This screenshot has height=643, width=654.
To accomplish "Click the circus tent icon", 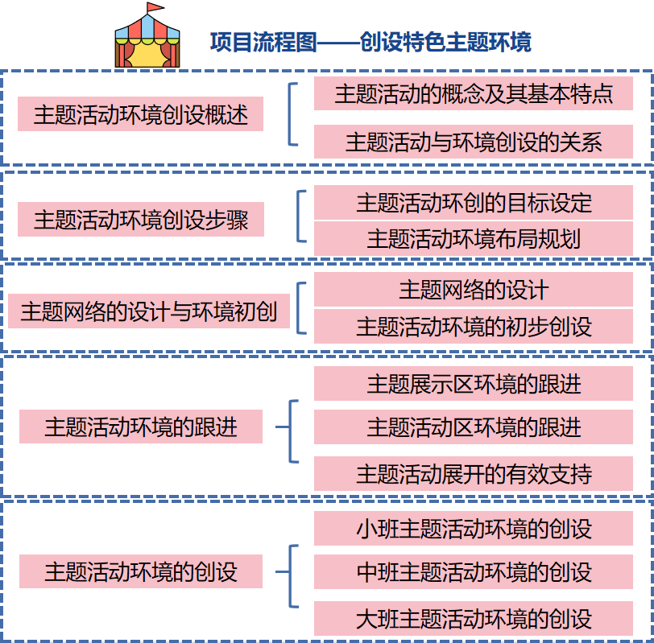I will pos(147,40).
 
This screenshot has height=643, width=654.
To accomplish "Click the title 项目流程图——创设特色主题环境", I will pos(370,42).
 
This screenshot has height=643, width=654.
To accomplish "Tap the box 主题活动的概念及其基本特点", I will pos(474,94).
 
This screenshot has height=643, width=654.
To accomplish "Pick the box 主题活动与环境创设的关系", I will pos(474,142).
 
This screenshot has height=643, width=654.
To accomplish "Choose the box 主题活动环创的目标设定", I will pos(474,202).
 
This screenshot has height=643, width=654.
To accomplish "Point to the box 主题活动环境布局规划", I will pos(474,238).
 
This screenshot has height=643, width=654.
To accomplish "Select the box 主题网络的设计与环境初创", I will pos(149,311).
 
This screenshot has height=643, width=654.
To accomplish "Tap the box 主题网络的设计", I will pos(474,290).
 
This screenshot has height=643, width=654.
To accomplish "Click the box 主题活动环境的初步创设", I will pos(474,326).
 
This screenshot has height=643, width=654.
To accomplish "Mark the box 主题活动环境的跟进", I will pos(141,427).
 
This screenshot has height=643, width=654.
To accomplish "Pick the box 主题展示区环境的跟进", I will pos(474,384).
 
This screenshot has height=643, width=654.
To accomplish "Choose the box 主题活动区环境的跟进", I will pos(474,427).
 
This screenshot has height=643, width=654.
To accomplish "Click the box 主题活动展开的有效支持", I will pos(474,473).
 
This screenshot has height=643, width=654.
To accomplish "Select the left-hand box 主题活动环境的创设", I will pos(141,571).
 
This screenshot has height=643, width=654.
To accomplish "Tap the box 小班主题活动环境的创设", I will pos(474,529).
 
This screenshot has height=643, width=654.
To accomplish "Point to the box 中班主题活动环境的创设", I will pos(474,572).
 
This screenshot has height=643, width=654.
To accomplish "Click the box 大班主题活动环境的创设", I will pos(474,618).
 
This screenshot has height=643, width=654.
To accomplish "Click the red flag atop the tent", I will pos(152,9).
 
